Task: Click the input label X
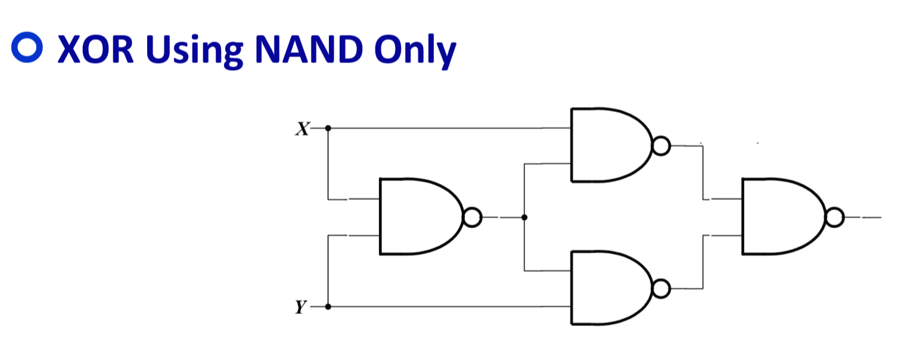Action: [x=302, y=129]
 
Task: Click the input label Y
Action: [x=302, y=308]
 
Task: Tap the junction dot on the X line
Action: [x=328, y=128]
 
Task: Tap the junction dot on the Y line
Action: [x=328, y=307]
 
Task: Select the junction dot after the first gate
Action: [x=524, y=218]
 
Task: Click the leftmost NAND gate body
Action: [x=417, y=216]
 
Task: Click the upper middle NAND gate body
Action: [x=608, y=145]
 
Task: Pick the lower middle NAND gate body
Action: [x=608, y=288]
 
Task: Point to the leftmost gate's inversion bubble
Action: [x=471, y=218]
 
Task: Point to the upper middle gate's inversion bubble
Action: [x=661, y=146]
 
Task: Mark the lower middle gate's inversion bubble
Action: [x=661, y=289]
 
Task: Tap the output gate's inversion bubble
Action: [x=835, y=218]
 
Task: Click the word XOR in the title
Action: [x=95, y=50]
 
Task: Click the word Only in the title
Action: [x=417, y=50]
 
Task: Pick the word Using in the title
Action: [x=194, y=50]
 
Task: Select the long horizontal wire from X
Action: [x=447, y=128]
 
